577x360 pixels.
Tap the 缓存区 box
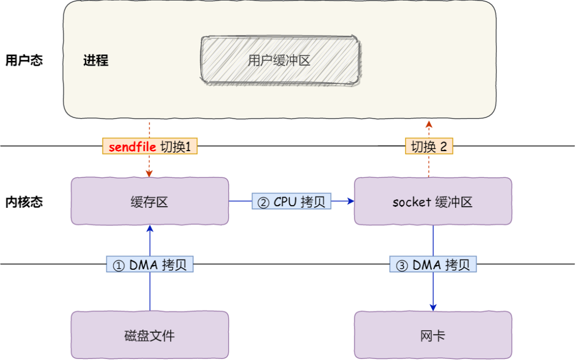[150, 201]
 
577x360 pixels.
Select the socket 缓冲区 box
[433, 201]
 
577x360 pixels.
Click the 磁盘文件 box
[150, 335]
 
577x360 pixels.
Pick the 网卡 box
[433, 335]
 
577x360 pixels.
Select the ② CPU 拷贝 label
[292, 201]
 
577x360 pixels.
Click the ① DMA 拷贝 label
[150, 265]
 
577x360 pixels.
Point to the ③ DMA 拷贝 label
[433, 265]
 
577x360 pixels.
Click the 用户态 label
[24, 60]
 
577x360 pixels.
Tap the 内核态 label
[24, 202]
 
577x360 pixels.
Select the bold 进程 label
[96, 60]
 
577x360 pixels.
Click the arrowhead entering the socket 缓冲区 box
[351, 201]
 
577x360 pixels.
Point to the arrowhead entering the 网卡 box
[433, 308]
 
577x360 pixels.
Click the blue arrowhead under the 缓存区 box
[150, 229]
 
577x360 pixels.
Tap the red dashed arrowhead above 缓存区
[150, 174]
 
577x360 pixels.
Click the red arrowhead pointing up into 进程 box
[428, 124]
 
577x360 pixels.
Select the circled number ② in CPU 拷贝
[263, 202]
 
